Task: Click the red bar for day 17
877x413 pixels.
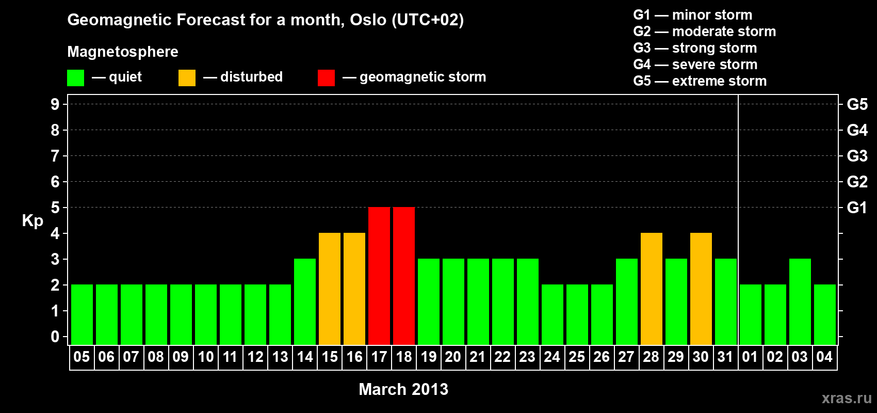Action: pos(379,276)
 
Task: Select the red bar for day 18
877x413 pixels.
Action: pos(403,276)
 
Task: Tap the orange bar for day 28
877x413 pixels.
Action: pos(652,289)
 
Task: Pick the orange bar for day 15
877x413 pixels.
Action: pos(330,289)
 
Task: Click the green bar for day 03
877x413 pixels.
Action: pos(800,301)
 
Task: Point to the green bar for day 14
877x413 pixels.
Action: pos(304,301)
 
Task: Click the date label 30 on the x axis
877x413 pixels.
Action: pos(701,357)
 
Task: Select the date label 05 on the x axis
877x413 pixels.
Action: pos(82,357)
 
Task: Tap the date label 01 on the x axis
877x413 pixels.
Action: pos(750,357)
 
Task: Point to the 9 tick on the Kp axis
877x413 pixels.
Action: pos(55,104)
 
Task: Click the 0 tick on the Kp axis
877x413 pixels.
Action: pos(55,337)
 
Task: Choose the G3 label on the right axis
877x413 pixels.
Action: pos(857,156)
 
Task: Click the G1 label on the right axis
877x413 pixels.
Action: pos(857,208)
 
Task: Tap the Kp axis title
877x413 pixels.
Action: pos(33,221)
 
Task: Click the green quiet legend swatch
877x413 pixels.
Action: pos(75,77)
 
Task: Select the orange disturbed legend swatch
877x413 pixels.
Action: pos(187,77)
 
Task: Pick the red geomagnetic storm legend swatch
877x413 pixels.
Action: pos(327,77)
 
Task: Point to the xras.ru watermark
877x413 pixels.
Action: pos(847,398)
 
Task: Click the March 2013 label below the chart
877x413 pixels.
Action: pos(403,389)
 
